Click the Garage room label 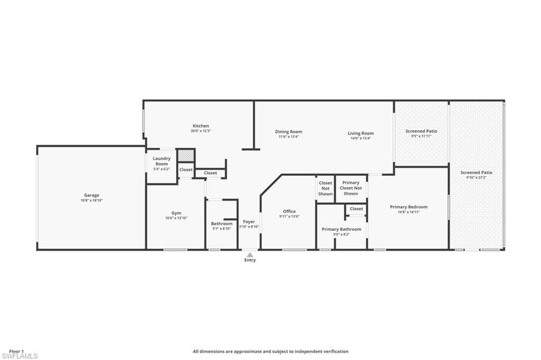point(91,195)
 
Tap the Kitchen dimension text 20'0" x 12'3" point(201,131)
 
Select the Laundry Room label point(162,161)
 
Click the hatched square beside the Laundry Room point(186,156)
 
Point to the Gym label point(176,213)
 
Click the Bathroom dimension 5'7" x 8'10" point(222,229)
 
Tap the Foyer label point(249,222)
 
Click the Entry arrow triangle point(250,255)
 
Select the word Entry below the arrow point(250,260)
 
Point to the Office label point(289,211)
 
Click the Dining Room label point(289,132)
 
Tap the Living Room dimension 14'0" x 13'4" point(360,138)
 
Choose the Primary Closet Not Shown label point(351,188)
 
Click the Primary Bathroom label point(342,229)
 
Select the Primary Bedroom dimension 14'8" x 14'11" point(409,212)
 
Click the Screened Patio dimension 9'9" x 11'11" point(421,136)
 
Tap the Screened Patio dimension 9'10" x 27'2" point(477,177)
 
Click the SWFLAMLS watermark point(20,356)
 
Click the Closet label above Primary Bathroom point(357,209)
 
